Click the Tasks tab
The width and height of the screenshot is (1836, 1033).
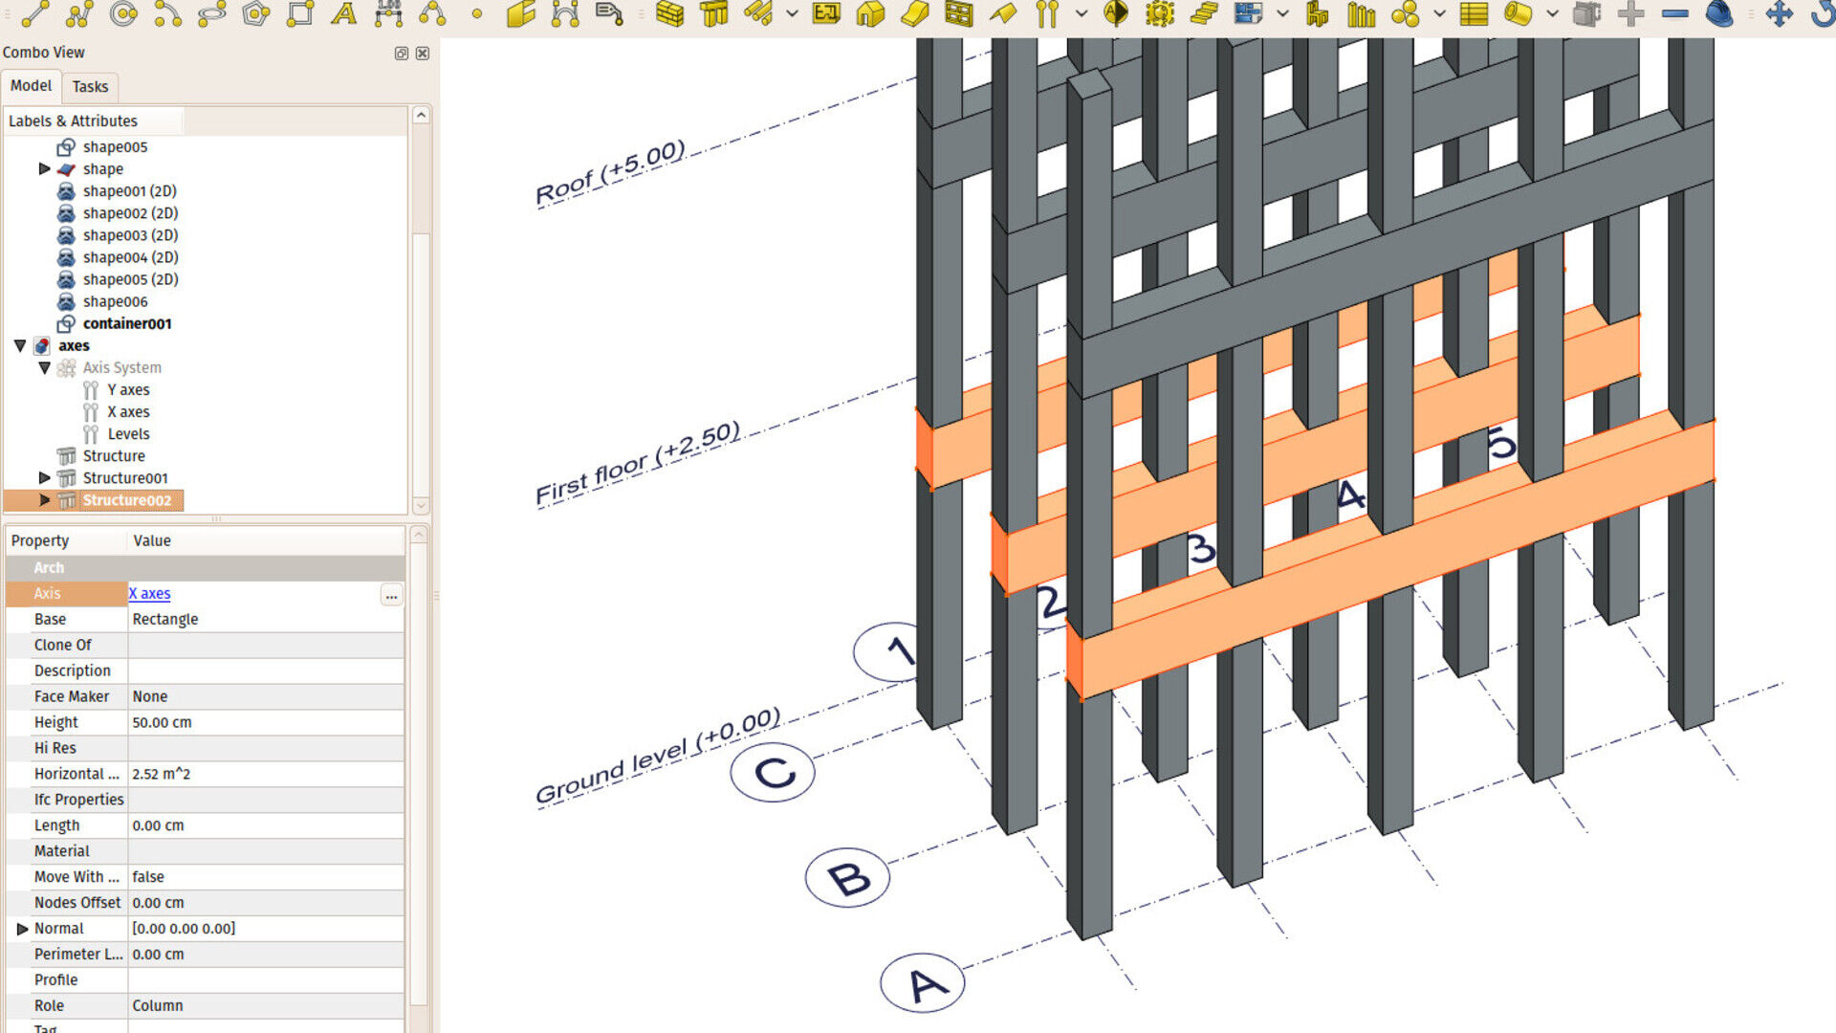[x=90, y=86]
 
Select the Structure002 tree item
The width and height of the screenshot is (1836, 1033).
[x=126, y=500]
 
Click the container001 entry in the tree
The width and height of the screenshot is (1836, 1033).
[x=126, y=323]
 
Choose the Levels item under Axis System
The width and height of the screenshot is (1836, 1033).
[x=128, y=434]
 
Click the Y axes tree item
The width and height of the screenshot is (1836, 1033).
[x=128, y=390]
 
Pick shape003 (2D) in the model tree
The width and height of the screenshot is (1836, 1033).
[x=130, y=235]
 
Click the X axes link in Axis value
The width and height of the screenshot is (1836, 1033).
[x=150, y=594]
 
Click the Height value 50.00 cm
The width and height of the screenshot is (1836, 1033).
[x=162, y=722]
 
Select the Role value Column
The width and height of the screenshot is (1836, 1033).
[x=158, y=1005]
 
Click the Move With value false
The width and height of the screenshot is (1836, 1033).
[x=148, y=877]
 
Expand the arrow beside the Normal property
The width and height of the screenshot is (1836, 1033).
[x=22, y=929]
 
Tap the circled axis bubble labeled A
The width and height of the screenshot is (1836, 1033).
[x=923, y=982]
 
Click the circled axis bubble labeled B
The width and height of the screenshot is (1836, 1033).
[x=847, y=877]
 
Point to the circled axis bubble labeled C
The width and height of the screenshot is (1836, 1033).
[x=773, y=772]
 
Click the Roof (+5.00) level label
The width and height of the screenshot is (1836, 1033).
[x=610, y=173]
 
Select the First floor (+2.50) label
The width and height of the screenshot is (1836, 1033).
[x=637, y=464]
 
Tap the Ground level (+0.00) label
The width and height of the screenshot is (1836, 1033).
[x=658, y=756]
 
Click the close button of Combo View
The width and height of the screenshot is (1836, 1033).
[x=423, y=54]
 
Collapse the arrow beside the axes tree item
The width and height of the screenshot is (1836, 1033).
[x=20, y=345]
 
